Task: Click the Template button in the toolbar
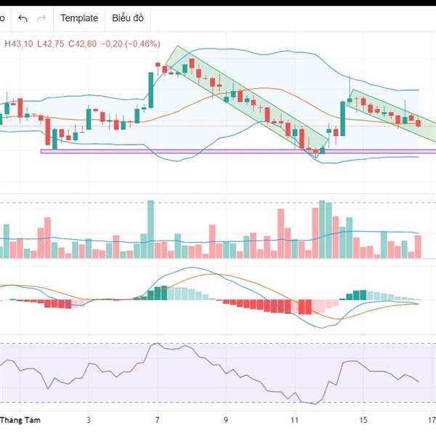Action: [x=79, y=18]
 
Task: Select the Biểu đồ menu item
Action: [x=128, y=18]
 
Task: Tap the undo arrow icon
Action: [x=23, y=18]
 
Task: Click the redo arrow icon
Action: [x=41, y=18]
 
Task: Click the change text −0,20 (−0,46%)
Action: [x=129, y=44]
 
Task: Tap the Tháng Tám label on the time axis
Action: [x=20, y=420]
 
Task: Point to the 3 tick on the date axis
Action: [x=89, y=420]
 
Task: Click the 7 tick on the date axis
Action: [x=157, y=420]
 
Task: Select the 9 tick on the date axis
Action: [x=226, y=420]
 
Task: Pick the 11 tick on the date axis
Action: [x=294, y=420]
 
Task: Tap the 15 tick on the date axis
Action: [x=363, y=420]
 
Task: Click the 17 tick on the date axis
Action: [x=432, y=420]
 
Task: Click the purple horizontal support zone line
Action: [x=182, y=151]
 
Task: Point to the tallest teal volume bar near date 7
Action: [x=151, y=229]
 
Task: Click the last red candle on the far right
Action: [x=418, y=123]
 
